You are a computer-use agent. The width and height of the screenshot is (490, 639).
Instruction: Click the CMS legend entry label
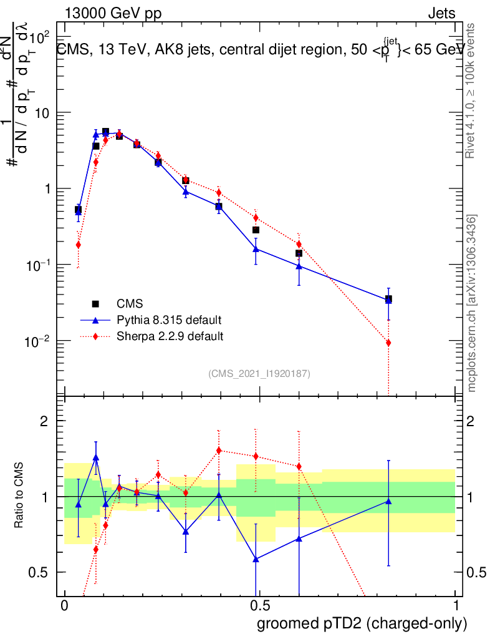pyautogui.click(x=130, y=305)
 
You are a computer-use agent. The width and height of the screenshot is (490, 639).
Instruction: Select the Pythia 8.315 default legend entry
pyautogui.click(x=169, y=321)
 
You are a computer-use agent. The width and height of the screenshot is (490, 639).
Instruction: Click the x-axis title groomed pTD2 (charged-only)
pyautogui.click(x=361, y=623)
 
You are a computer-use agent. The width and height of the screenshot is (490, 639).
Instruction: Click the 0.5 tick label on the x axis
pyautogui.click(x=259, y=606)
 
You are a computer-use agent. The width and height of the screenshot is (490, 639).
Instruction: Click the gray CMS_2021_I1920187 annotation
pyautogui.click(x=259, y=373)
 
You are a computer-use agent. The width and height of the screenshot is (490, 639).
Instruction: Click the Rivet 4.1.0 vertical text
pyautogui.click(x=473, y=90)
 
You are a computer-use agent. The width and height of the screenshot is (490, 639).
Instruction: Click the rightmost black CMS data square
pyautogui.click(x=388, y=299)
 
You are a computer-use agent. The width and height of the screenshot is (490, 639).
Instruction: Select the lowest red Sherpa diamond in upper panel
pyautogui.click(x=388, y=343)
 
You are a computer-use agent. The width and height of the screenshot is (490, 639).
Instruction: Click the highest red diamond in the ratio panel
pyautogui.click(x=218, y=450)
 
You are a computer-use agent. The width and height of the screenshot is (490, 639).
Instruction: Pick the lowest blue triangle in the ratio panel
pyautogui.click(x=256, y=559)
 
